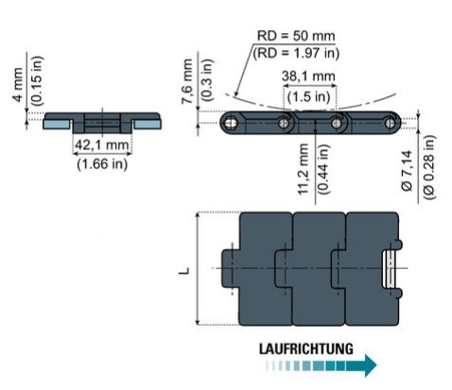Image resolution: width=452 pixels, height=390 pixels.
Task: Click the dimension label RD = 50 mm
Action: point(296,36)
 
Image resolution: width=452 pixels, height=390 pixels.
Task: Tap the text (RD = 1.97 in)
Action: point(296,53)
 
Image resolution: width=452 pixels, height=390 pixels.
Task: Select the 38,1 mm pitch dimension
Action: point(308,76)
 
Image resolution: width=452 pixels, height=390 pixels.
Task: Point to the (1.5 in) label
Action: point(308,96)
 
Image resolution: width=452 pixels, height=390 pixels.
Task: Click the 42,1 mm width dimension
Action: point(102,145)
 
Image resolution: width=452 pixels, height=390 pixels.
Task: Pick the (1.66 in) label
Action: point(102,163)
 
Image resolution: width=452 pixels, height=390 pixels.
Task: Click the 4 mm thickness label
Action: point(18,84)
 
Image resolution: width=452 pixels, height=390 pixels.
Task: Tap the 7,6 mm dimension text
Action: point(187,81)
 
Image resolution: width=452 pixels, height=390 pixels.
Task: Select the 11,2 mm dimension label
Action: point(304,169)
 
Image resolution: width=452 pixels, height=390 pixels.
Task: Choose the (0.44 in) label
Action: point(323,169)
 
